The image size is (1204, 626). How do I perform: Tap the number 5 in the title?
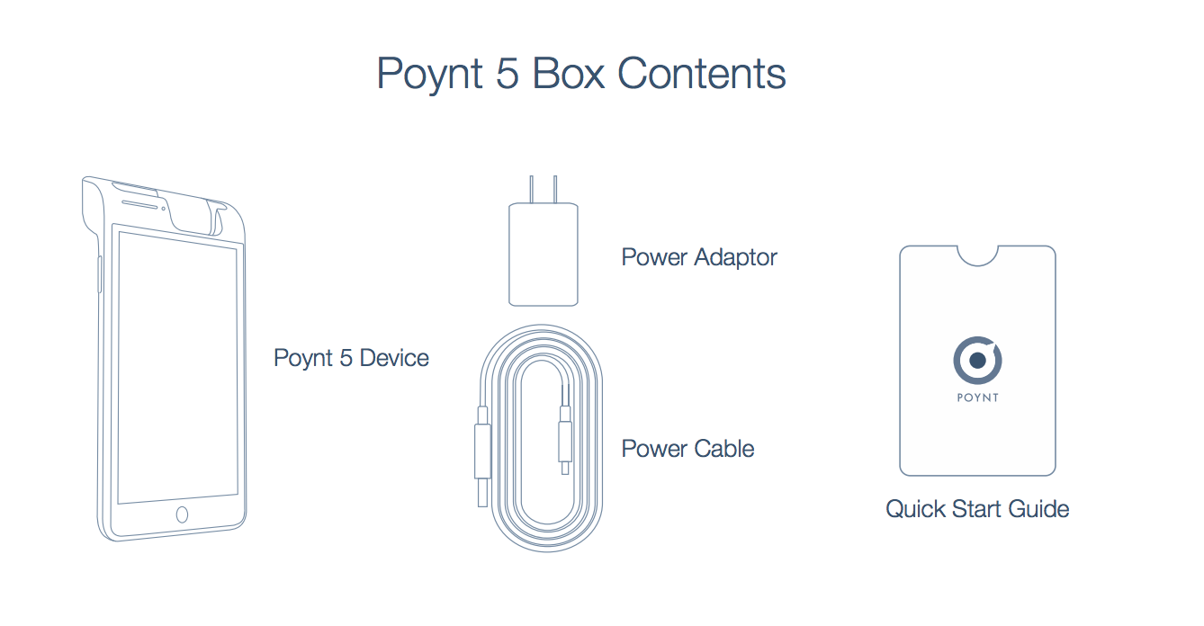coord(507,74)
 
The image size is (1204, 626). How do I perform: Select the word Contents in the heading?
coord(702,74)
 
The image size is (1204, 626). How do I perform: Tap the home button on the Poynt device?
coord(182,514)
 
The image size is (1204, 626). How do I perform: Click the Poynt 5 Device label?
coord(351,358)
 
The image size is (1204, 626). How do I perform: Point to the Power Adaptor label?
coord(699,257)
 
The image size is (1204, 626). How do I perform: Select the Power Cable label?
coord(687,449)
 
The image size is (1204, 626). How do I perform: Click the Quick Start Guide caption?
coord(977,509)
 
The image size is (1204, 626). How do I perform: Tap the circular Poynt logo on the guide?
coord(977,361)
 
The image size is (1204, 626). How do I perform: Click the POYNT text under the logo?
coord(977,398)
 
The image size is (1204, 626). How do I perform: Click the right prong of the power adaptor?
coord(555,189)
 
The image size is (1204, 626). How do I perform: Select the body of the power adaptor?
coord(543,255)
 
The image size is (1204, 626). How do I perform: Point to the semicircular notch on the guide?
coord(977,255)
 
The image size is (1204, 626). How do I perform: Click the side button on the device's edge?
coord(100,274)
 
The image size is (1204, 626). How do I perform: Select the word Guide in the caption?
coord(1039,509)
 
